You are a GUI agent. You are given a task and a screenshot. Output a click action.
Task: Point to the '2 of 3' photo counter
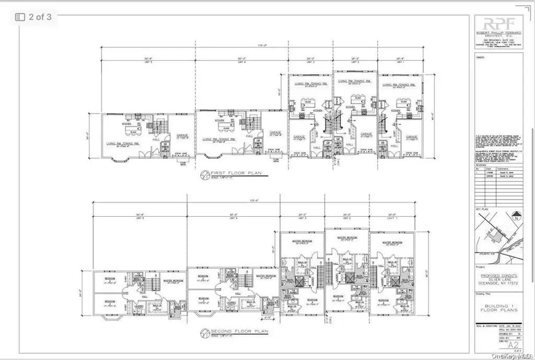point(34,17)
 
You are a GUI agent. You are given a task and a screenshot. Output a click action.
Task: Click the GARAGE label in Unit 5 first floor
point(182,135)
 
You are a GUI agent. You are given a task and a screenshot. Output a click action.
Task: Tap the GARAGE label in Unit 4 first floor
point(275,132)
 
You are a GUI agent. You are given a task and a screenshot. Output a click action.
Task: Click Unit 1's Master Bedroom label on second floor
point(392,242)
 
